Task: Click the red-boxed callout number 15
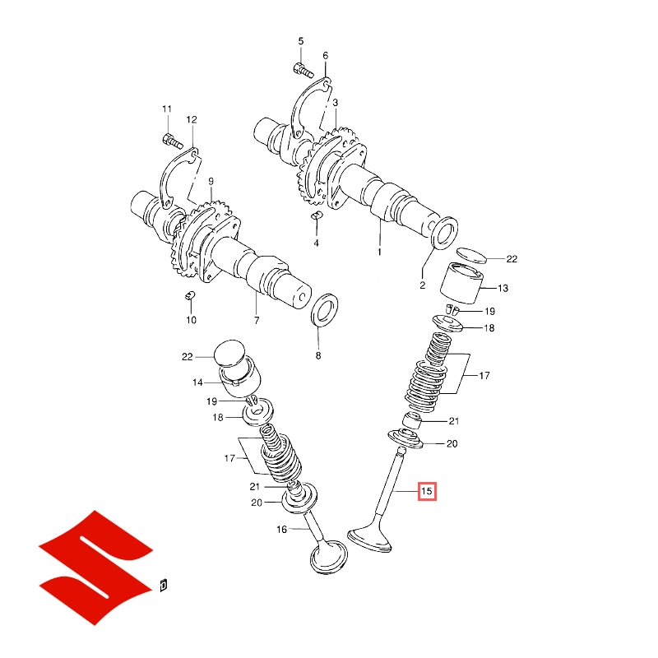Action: point(427,491)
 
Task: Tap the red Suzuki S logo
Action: point(95,568)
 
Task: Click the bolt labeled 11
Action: point(172,141)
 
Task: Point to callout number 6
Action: point(326,55)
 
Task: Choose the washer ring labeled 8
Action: point(324,310)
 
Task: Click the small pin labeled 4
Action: point(317,215)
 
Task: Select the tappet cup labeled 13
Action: point(461,283)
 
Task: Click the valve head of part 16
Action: point(328,557)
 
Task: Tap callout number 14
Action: point(197,382)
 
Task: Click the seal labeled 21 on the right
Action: point(412,420)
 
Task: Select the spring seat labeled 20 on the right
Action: point(405,438)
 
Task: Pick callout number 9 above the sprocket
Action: point(211,181)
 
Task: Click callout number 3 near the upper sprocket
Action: point(336,103)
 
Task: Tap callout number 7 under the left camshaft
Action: point(257,320)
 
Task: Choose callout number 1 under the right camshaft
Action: point(380,252)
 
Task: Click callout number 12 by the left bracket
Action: point(192,119)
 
